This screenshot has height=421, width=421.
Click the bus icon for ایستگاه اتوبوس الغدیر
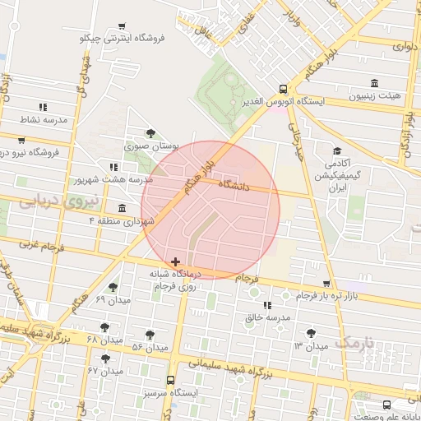[283, 89]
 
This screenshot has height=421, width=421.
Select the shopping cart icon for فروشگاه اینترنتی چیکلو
[123, 26]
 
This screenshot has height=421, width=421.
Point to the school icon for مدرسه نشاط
[43, 107]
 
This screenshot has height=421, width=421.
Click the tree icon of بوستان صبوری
[150, 133]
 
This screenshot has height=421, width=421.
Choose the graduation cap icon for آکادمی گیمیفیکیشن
[336, 151]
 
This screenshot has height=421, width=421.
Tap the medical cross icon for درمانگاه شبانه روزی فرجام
[175, 261]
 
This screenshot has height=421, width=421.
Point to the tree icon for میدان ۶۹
[113, 287]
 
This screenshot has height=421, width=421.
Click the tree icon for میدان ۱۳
[310, 333]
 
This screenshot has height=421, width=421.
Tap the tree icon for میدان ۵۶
[150, 335]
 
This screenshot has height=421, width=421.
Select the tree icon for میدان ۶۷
[104, 359]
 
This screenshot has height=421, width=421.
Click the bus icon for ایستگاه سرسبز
[170, 381]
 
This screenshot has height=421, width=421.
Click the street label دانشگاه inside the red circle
[234, 187]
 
